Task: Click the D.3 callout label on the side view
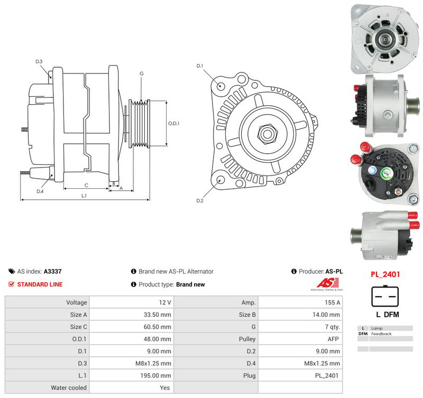[39, 61]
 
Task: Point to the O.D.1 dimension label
[173, 124]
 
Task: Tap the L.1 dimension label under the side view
[84, 196]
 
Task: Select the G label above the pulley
[142, 73]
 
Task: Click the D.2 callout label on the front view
[200, 201]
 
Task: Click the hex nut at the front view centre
[267, 133]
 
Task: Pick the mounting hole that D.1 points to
[220, 86]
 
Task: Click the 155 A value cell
[300, 302]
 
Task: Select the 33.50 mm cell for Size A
[132, 314]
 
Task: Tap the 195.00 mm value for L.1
[132, 375]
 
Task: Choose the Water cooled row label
[69, 387]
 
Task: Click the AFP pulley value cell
[300, 339]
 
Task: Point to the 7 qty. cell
[300, 327]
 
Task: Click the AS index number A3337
[52, 271]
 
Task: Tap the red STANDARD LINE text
[40, 284]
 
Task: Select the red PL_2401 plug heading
[385, 274]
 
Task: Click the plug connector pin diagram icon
[385, 296]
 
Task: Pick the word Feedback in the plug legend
[381, 334]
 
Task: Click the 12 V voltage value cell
[132, 302]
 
